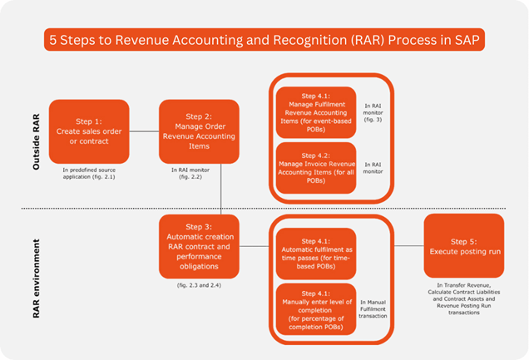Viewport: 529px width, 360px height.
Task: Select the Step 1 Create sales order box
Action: (89, 131)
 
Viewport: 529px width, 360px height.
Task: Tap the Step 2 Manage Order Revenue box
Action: (199, 131)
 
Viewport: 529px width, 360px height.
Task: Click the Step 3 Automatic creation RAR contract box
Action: (199, 246)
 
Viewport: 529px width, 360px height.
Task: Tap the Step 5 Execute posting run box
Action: (463, 245)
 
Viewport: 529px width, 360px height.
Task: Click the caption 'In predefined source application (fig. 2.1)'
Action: (89, 173)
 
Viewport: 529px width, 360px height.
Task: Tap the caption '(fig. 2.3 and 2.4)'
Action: (199, 285)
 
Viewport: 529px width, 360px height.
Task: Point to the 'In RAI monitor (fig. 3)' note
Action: (373, 113)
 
